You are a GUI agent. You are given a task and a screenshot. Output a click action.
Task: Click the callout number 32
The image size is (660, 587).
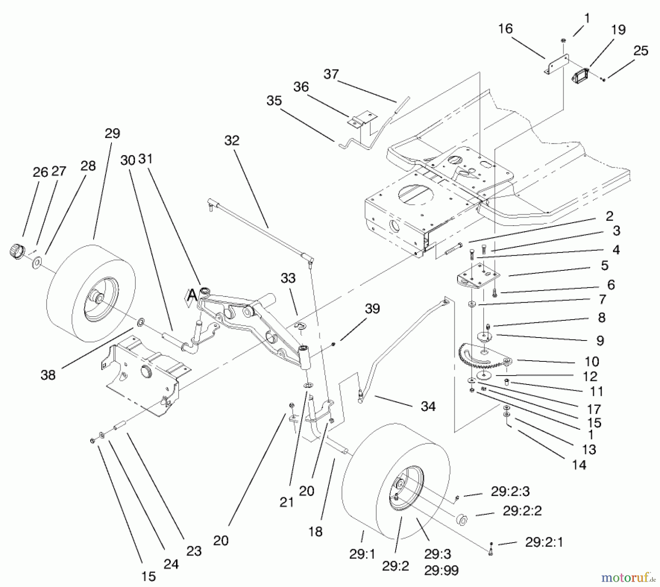232,141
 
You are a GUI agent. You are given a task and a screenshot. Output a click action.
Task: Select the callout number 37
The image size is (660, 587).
331,74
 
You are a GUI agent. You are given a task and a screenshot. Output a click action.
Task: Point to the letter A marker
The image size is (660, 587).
191,295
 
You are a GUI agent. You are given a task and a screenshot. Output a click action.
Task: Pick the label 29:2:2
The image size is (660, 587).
522,511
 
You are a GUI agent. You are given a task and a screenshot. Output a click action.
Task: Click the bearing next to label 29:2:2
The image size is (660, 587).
463,520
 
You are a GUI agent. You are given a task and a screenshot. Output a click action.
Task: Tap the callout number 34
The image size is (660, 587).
428,406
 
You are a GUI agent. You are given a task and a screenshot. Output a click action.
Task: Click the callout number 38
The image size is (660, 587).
48,375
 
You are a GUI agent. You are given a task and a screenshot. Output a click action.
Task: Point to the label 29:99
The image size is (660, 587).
441,570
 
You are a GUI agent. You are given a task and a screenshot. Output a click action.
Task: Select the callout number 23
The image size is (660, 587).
194,551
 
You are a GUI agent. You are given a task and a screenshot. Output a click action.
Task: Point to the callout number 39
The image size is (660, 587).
372,309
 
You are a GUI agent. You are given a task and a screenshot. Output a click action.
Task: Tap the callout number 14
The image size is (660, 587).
579,465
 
